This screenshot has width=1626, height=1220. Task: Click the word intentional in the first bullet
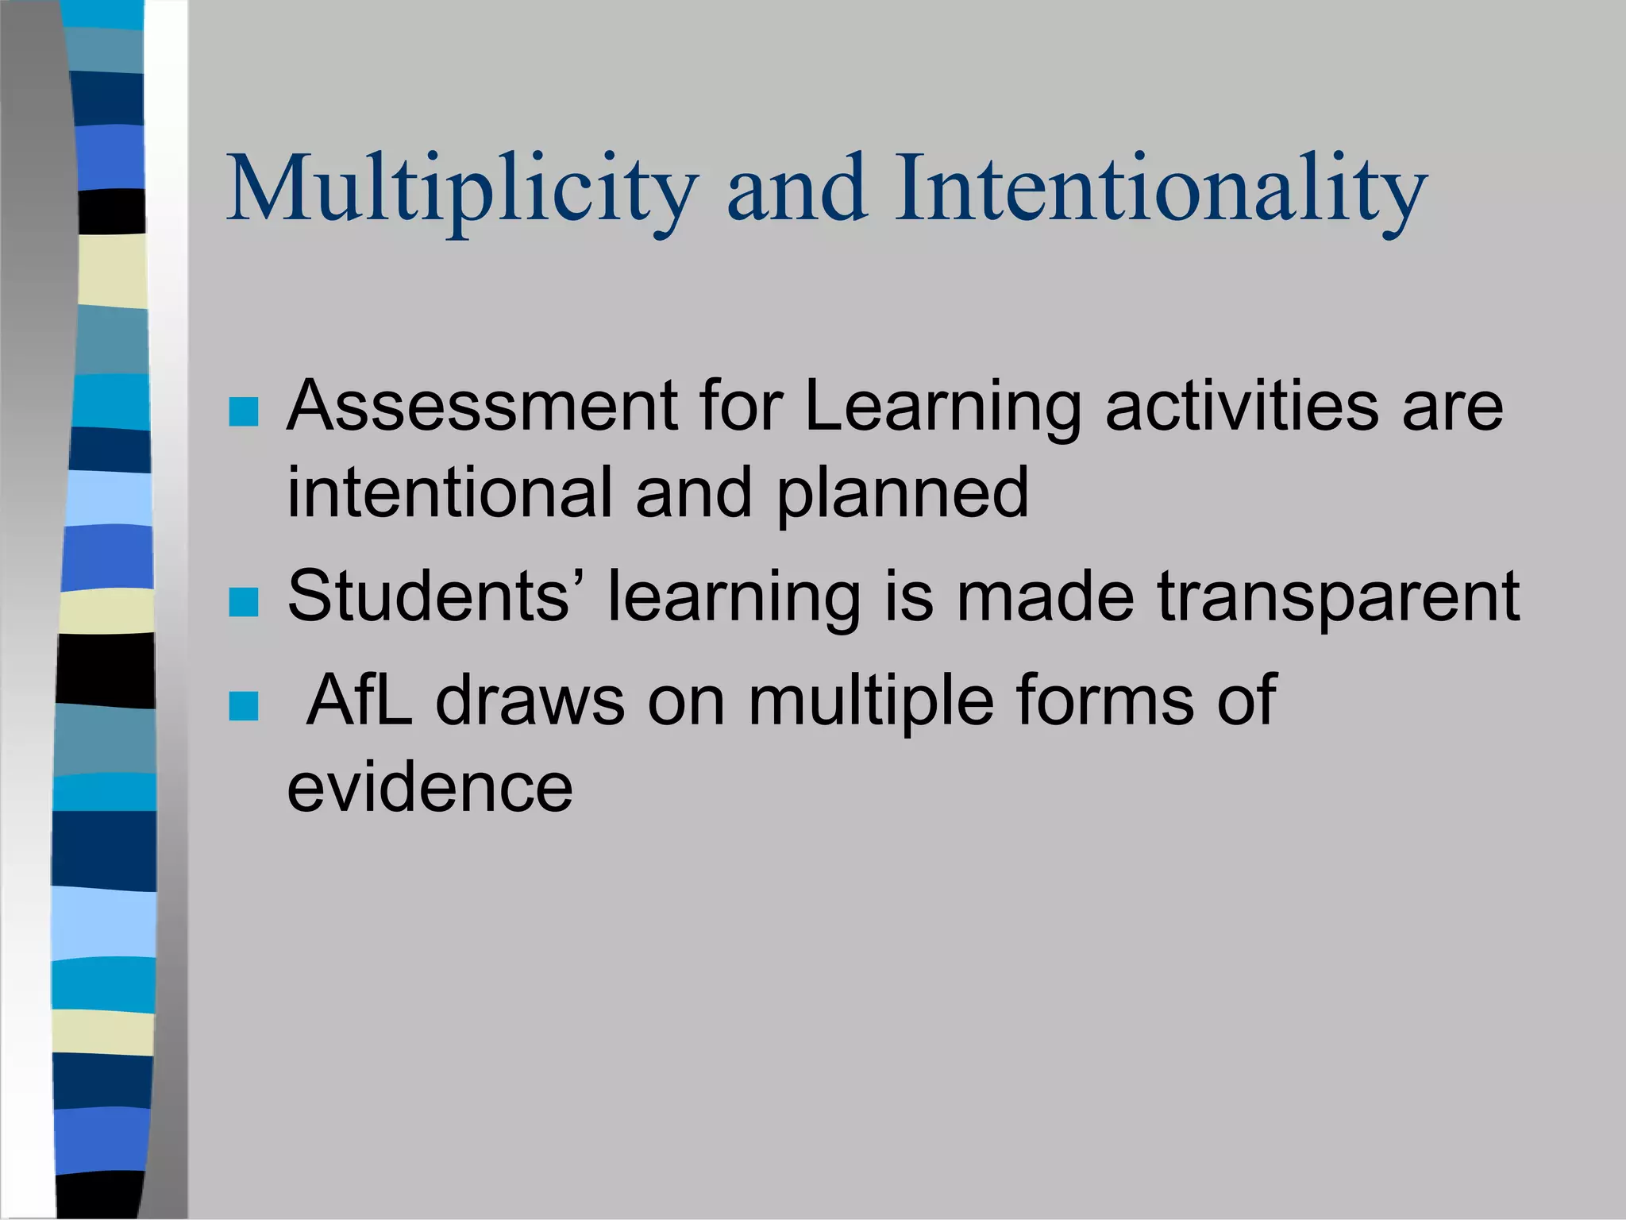click(449, 492)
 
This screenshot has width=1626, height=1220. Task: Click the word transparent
click(1339, 598)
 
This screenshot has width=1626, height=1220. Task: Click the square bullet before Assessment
click(243, 411)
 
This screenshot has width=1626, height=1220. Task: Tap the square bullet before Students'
click(243, 602)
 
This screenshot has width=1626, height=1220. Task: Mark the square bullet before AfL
click(243, 705)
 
